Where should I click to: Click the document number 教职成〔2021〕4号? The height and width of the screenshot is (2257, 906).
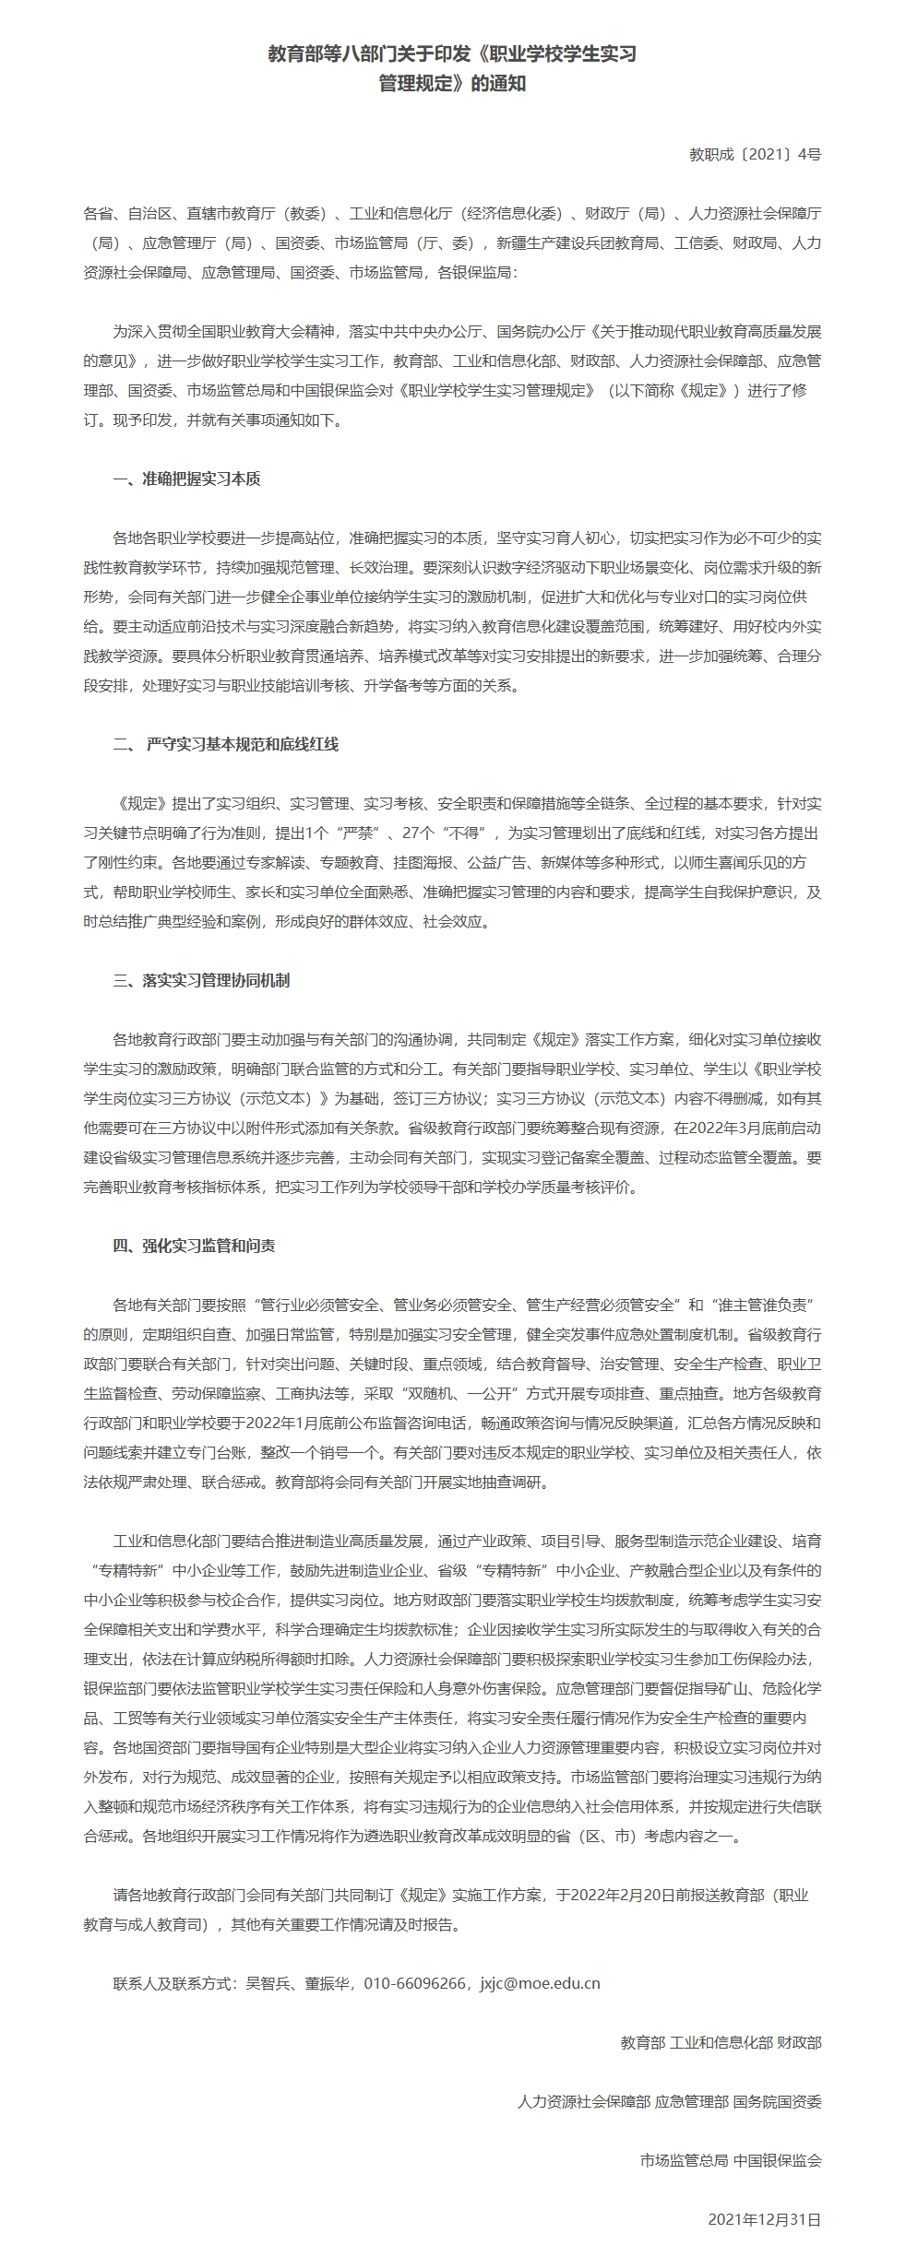coord(755,155)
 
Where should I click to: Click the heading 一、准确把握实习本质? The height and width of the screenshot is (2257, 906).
coord(186,479)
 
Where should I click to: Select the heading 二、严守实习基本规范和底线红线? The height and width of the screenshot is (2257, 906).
coord(226,744)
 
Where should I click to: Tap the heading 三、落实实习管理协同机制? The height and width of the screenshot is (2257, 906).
coord(201,980)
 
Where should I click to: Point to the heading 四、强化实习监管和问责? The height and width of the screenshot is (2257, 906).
coord(194,1246)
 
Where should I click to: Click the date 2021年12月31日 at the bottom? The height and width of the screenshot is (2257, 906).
coord(764,2219)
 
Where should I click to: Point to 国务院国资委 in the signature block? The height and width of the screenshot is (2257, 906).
coord(777,2101)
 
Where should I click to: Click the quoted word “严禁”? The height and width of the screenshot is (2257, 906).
coord(353,833)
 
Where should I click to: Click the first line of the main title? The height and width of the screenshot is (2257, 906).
coord(452,54)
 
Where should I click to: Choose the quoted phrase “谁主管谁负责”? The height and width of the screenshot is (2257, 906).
coord(765,1305)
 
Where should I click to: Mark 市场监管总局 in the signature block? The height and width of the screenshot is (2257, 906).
coord(684,2160)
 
